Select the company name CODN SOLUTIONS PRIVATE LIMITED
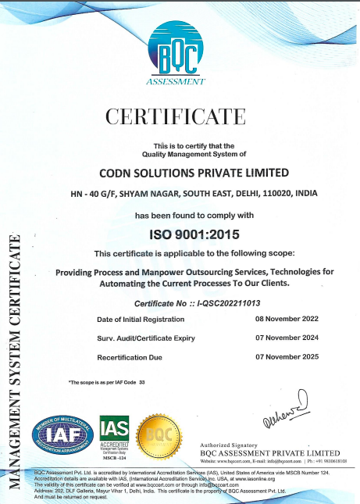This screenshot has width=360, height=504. pos(182,173)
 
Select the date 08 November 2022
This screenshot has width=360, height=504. pos(287,320)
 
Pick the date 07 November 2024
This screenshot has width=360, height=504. pos(287,338)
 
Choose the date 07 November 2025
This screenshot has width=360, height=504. pos(287,357)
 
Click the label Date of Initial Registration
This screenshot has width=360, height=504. pos(140,320)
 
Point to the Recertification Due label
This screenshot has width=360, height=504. pos(130,357)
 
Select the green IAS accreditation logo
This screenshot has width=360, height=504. pos(115,434)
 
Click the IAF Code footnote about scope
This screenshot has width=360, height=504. pos(108,382)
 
